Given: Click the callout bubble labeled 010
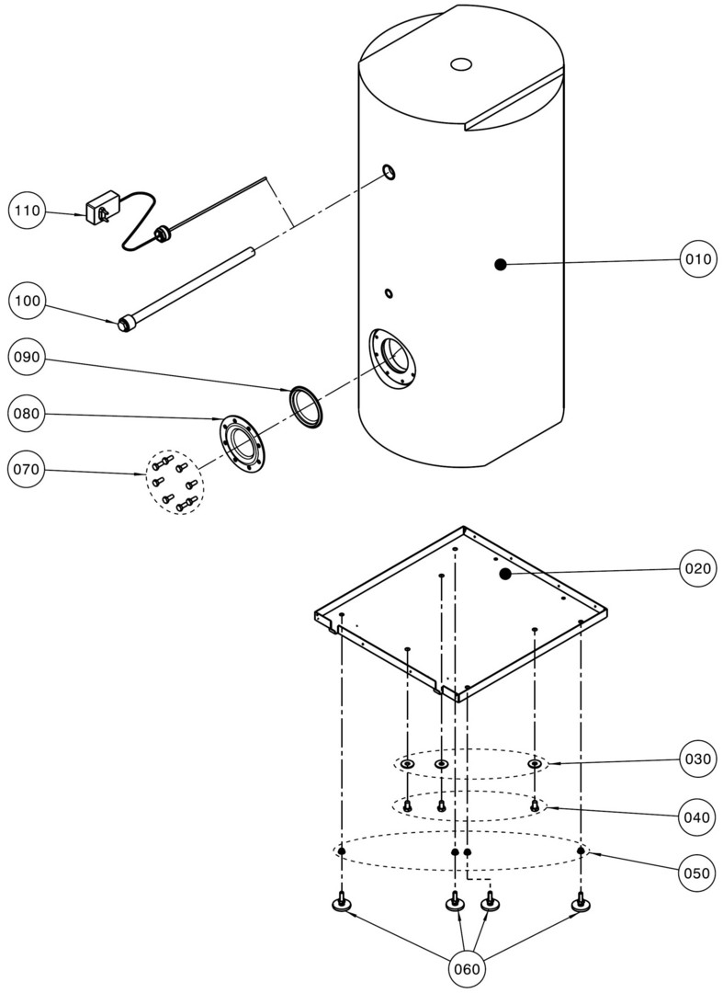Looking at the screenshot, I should [x=698, y=259].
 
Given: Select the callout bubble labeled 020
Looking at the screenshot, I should [x=698, y=568].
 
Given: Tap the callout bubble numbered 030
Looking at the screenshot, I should [x=698, y=759].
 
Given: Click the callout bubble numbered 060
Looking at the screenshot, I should [x=468, y=969].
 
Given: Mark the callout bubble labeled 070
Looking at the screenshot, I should [x=28, y=471].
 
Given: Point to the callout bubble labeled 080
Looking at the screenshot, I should [x=28, y=414].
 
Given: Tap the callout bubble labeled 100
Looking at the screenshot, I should [x=28, y=301].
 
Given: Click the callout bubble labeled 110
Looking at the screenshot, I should [x=28, y=211].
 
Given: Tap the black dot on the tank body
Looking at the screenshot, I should [x=501, y=265].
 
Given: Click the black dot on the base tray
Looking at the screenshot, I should [x=504, y=575].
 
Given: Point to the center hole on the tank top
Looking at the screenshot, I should [x=461, y=64].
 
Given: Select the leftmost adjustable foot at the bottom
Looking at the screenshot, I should [x=343, y=905].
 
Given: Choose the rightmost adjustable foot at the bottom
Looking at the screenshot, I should [x=581, y=905].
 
